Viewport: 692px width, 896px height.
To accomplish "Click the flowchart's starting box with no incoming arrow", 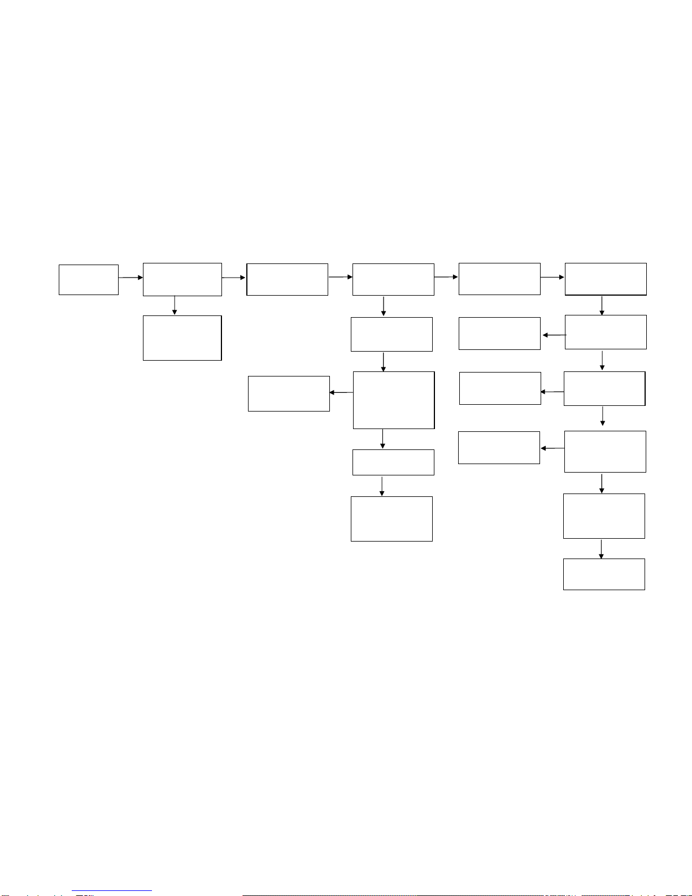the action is (x=89, y=279).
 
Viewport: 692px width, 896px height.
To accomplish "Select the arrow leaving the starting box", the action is (x=130, y=278).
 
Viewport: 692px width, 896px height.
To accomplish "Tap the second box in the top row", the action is (x=182, y=279).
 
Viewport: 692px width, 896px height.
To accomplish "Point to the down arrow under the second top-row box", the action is (x=175, y=305).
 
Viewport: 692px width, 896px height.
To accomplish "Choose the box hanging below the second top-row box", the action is (x=182, y=337).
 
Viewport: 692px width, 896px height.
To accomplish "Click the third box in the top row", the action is (x=287, y=279).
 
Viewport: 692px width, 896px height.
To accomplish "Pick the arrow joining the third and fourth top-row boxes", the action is (x=340, y=277).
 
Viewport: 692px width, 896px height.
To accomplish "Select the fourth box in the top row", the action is (x=393, y=279).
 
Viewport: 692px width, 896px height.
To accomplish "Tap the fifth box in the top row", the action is (x=499, y=279).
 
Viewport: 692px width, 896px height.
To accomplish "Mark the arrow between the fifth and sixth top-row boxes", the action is (x=552, y=277).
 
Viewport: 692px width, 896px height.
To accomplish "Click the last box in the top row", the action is (x=606, y=279).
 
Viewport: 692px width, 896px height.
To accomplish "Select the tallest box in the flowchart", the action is (x=394, y=400).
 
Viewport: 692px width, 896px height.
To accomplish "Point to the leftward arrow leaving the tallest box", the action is (x=341, y=392).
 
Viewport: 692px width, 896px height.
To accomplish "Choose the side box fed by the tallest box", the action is (x=289, y=393).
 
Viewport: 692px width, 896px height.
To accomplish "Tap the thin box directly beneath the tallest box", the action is (x=393, y=462).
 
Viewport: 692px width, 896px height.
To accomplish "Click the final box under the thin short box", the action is (x=391, y=518).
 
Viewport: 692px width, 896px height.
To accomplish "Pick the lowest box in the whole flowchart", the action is (x=604, y=574).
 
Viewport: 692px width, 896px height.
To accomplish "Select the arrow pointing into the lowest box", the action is (x=601, y=548).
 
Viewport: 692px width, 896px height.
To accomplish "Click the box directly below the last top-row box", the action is (x=606, y=332).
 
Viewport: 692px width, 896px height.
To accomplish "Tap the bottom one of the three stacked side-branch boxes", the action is (x=499, y=447).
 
